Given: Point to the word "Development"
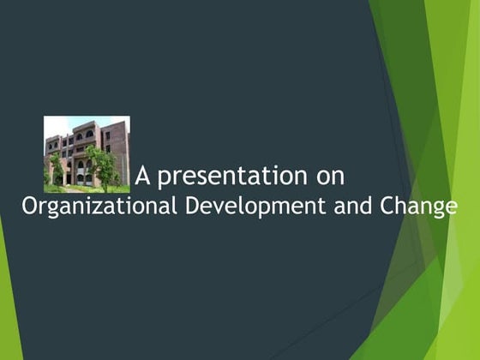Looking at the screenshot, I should pyautogui.click(x=257, y=207).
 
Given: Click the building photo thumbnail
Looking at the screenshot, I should pyautogui.click(x=87, y=153).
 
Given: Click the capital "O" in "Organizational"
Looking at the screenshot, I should pyautogui.click(x=28, y=207).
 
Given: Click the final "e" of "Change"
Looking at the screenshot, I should pyautogui.click(x=451, y=208).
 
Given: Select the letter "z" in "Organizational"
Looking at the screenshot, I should pyautogui.click(x=93, y=208).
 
